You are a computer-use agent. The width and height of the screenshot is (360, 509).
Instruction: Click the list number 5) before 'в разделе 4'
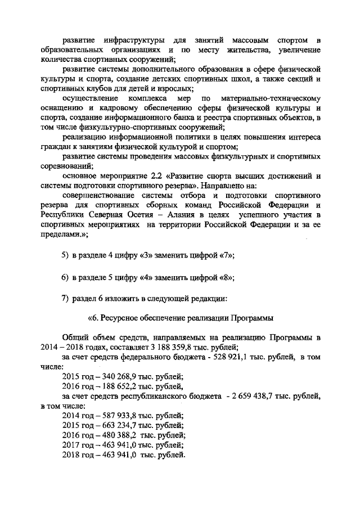point(65,255)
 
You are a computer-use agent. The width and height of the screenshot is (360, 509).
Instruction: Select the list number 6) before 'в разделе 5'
point(65,277)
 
